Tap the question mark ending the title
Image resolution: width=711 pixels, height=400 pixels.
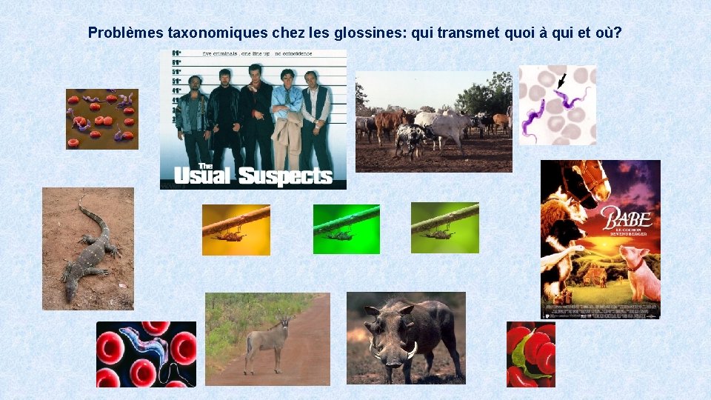click(x=617, y=33)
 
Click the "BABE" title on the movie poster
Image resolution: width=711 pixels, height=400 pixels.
click(x=627, y=219)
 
